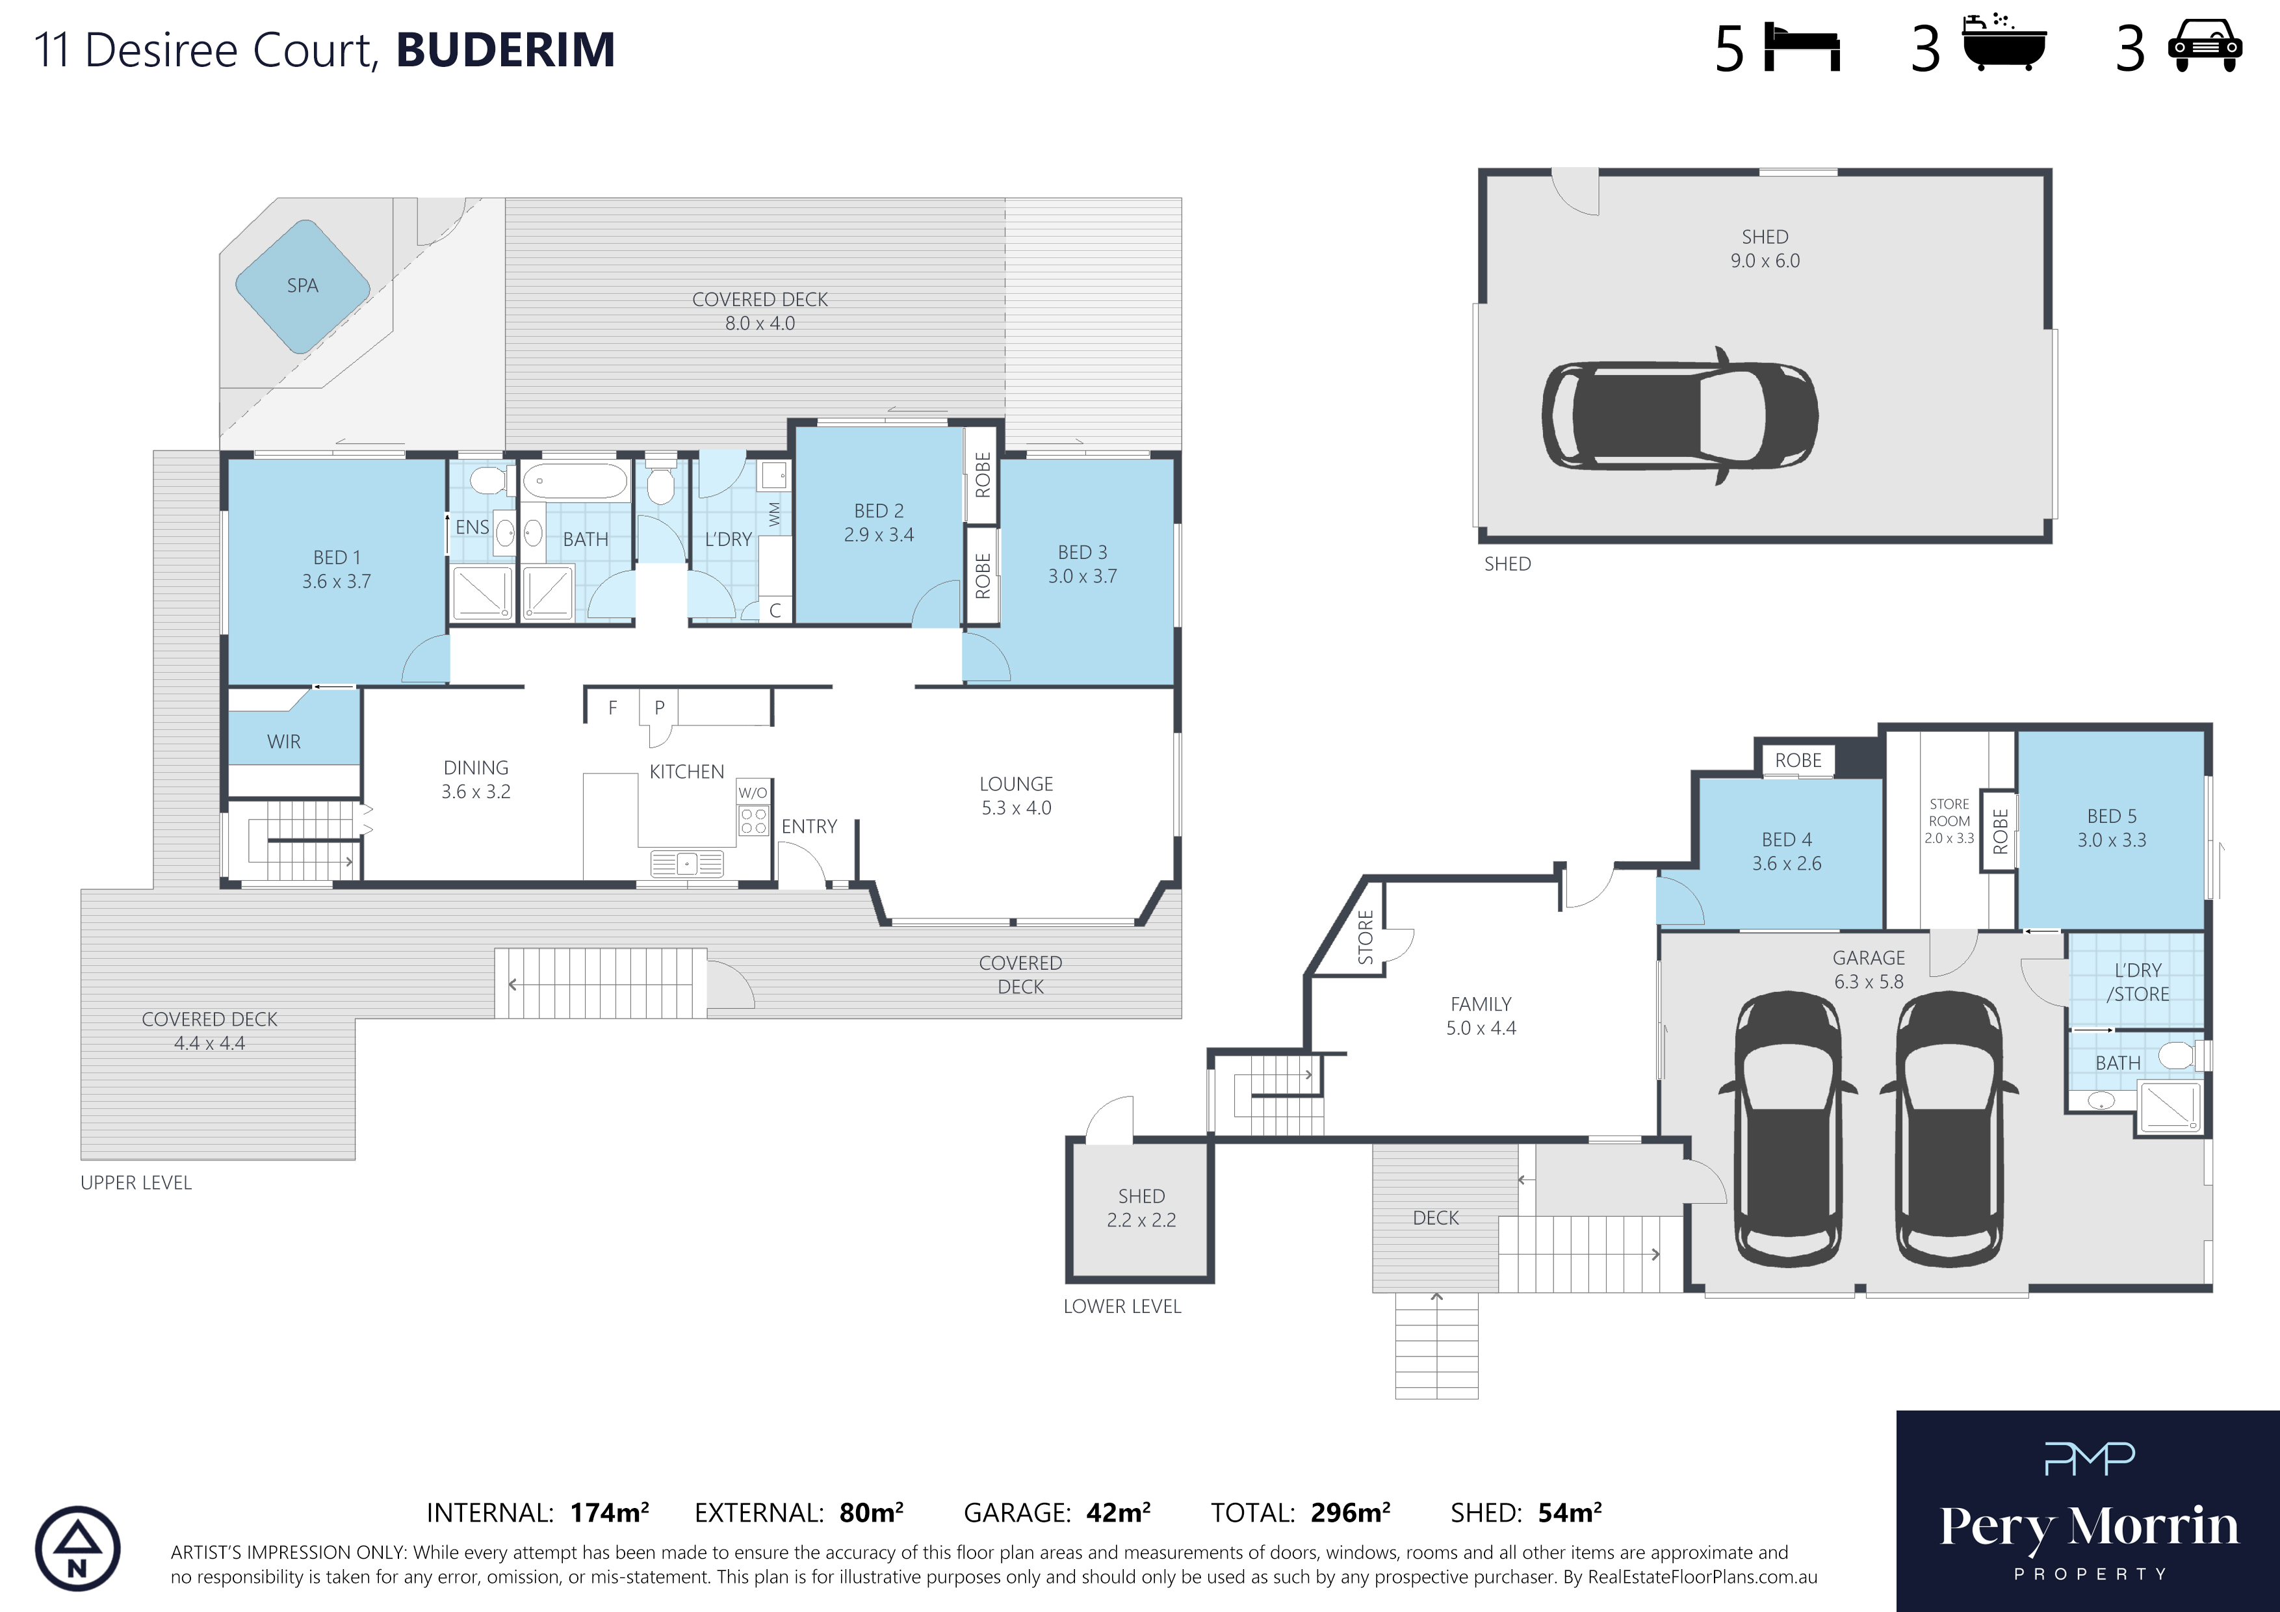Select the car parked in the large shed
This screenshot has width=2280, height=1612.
point(1680,415)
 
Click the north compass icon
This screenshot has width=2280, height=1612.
point(77,1548)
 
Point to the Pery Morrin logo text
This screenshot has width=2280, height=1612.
point(2090,1527)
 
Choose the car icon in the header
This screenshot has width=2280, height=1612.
point(2205,47)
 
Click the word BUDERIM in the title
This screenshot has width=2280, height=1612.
point(506,49)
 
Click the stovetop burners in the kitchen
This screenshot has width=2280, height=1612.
point(753,820)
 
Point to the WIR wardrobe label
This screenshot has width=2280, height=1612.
point(284,742)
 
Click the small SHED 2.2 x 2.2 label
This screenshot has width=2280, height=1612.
point(1141,1208)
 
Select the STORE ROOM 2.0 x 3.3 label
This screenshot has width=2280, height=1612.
point(1949,820)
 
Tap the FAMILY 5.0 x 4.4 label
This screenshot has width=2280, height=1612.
point(1481,1016)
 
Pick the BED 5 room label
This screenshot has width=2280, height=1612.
point(2111,827)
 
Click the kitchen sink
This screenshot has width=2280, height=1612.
point(687,864)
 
